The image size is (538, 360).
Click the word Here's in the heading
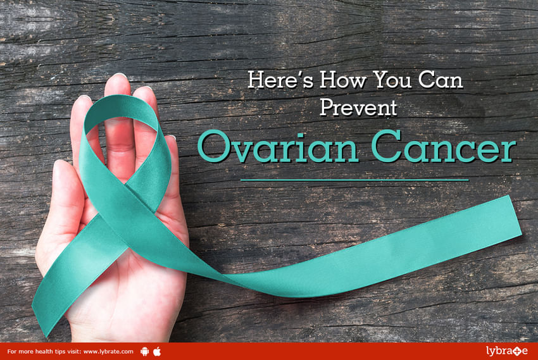pos(280,80)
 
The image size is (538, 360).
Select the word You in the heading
pos(392,80)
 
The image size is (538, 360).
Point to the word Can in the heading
pos(441,80)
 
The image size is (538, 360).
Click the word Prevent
pos(358,107)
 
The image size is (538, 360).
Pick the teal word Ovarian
pos(278,146)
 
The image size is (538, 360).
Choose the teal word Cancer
pos(444,146)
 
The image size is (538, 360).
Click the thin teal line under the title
pos(355,180)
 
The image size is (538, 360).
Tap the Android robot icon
pos(145,351)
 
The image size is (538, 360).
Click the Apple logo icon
pos(157,351)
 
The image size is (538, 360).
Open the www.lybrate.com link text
pos(108,351)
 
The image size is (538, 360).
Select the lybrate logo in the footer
pos(506,351)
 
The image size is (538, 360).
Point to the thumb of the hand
pos(65,192)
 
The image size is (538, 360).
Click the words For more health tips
pos(33,351)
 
